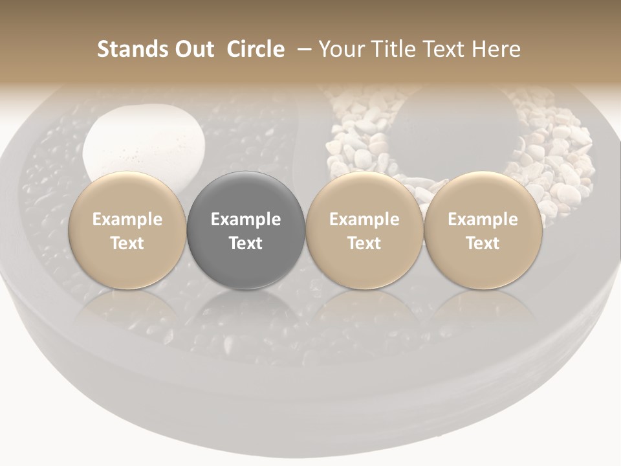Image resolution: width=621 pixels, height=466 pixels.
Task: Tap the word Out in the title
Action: (x=193, y=49)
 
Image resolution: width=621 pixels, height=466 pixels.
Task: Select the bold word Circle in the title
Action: (x=256, y=49)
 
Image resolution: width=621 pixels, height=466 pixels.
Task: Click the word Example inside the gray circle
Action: (x=246, y=219)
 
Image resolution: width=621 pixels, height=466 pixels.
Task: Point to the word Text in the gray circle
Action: (x=246, y=243)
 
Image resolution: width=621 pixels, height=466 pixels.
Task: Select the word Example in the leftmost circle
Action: (x=127, y=219)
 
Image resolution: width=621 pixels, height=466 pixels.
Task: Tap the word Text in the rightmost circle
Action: (x=483, y=243)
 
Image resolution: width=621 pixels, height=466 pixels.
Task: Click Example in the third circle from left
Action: (x=364, y=219)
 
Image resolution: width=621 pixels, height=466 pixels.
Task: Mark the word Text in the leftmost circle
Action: (x=127, y=243)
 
